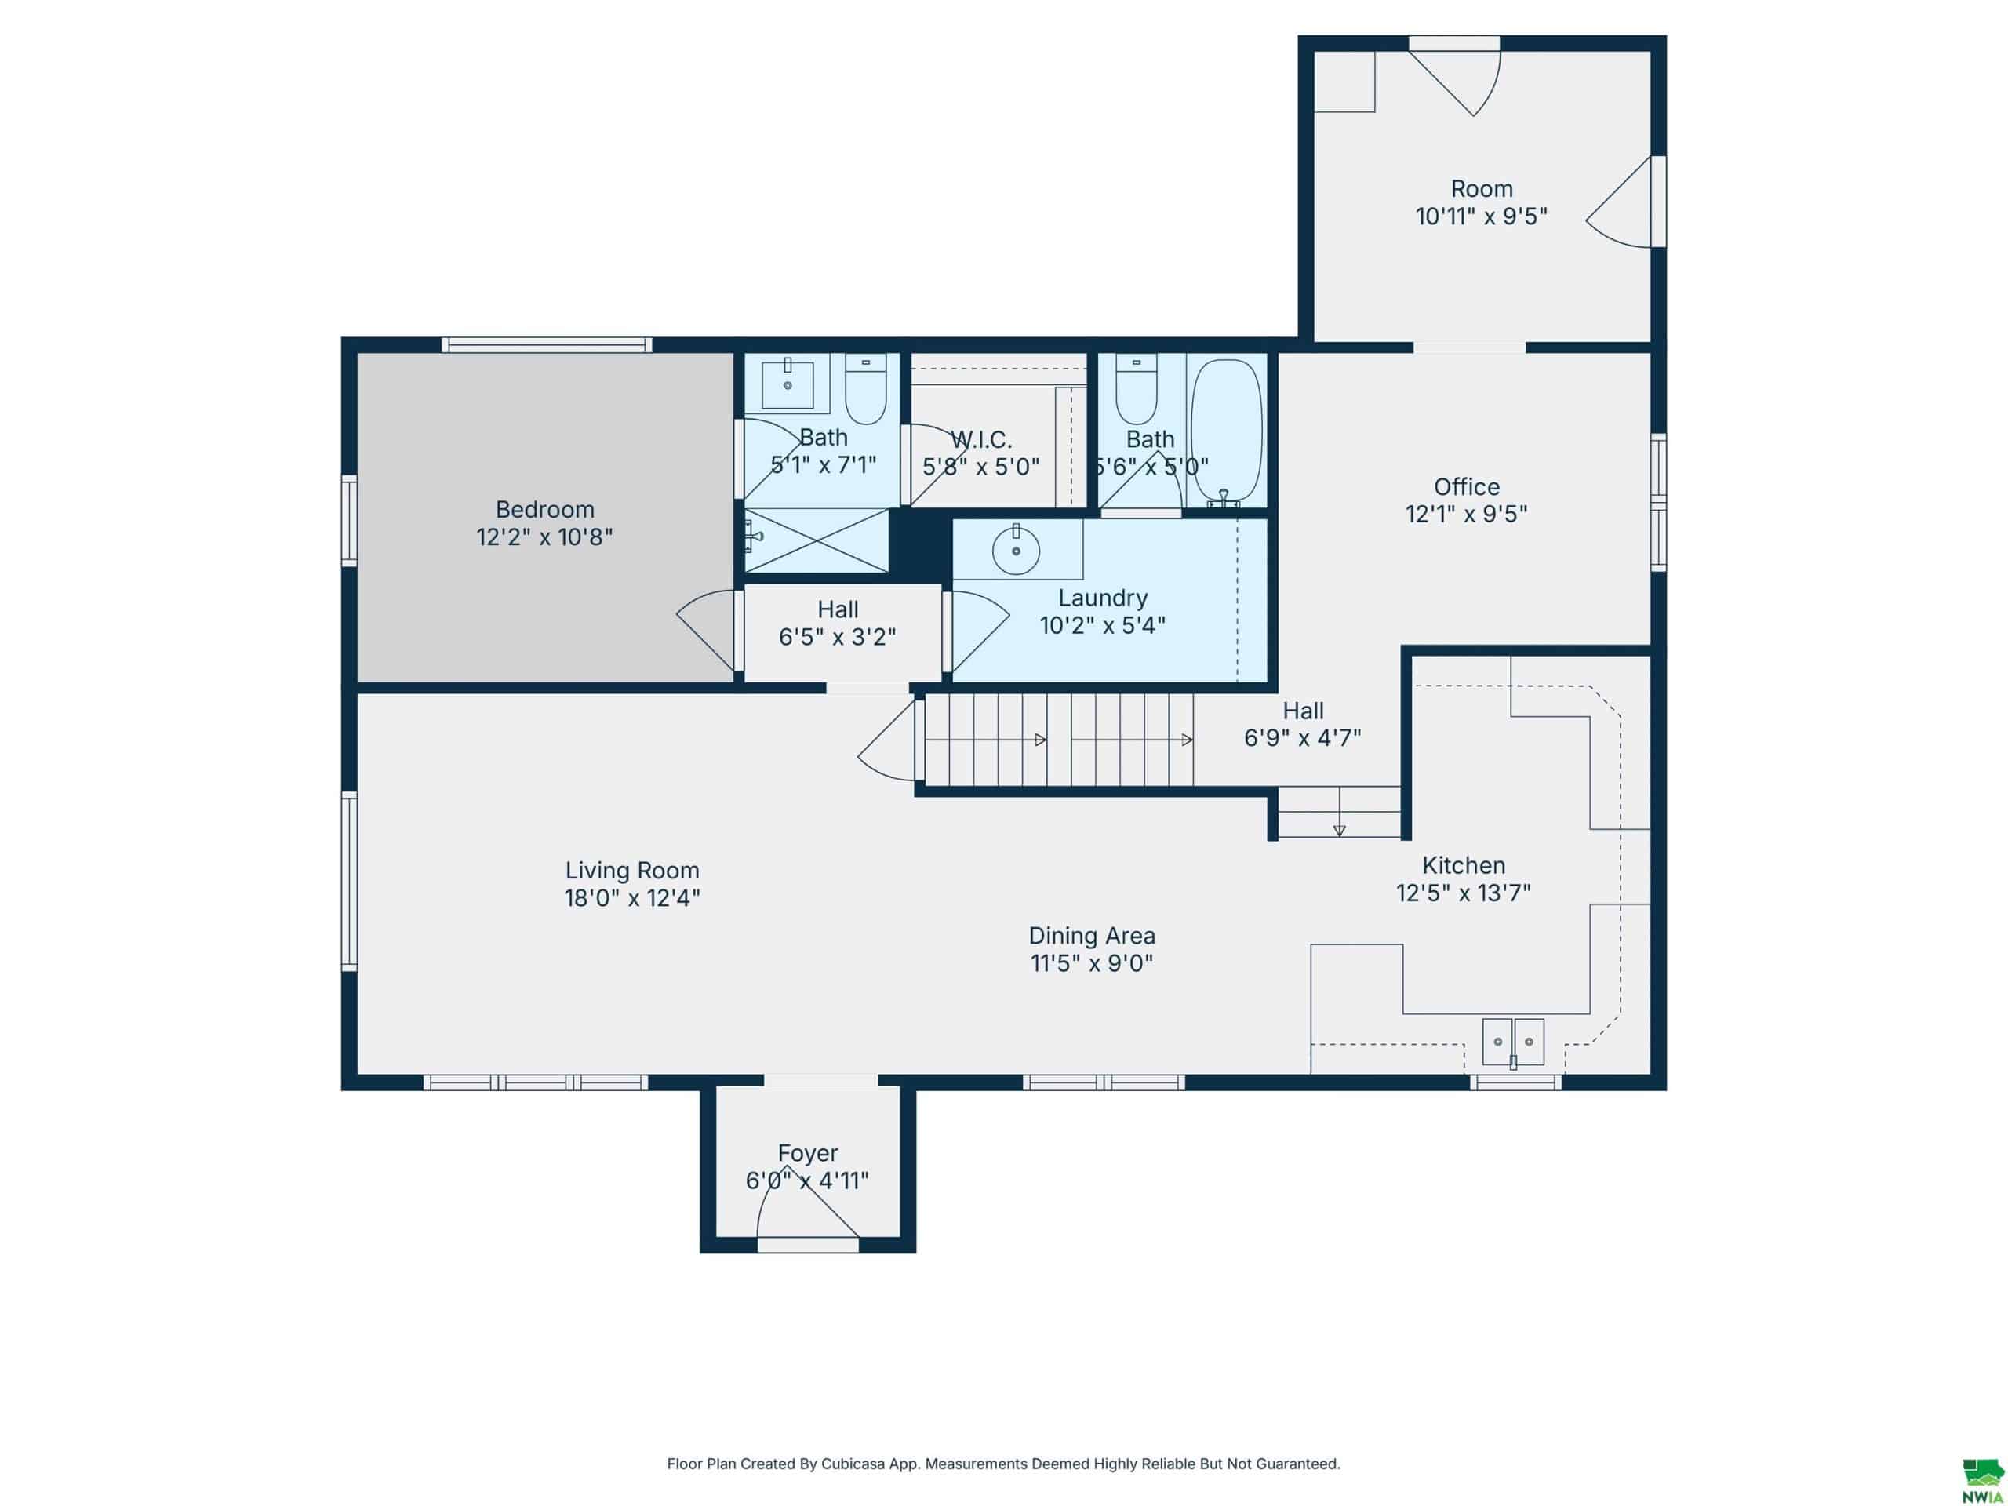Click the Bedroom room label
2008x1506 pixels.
pyautogui.click(x=544, y=509)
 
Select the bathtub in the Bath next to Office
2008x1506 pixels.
pyautogui.click(x=1225, y=431)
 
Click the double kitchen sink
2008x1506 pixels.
pyautogui.click(x=1513, y=1042)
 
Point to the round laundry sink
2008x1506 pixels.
pyautogui.click(x=1016, y=550)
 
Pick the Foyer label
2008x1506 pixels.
pyautogui.click(x=807, y=1153)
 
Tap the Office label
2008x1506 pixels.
pyautogui.click(x=1466, y=486)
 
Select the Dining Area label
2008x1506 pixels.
pyautogui.click(x=1091, y=936)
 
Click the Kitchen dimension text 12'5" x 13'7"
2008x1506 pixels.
pyautogui.click(x=1464, y=893)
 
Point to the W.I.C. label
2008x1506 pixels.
pyautogui.click(x=980, y=440)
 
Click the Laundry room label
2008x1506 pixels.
pyautogui.click(x=1103, y=598)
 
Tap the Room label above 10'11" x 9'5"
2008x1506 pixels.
pyautogui.click(x=1482, y=189)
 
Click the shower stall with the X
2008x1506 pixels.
pyautogui.click(x=817, y=541)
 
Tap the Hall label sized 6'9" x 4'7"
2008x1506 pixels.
pyautogui.click(x=1303, y=711)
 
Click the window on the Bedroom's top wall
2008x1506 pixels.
pyautogui.click(x=547, y=344)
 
